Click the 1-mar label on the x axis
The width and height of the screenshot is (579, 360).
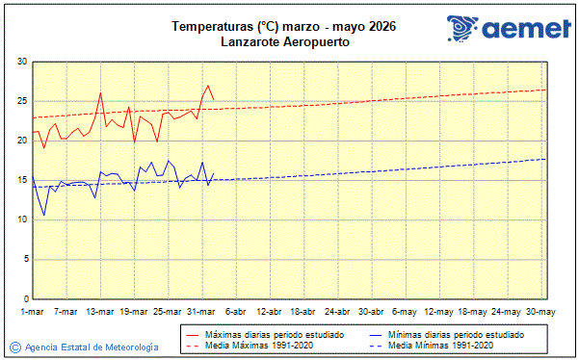point(32,311)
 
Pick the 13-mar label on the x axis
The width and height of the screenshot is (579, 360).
point(100,311)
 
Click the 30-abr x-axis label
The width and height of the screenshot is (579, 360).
point(372,311)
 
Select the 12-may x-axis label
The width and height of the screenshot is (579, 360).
point(439,311)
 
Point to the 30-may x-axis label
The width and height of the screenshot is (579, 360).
point(540,311)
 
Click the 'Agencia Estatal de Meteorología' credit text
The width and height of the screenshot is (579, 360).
point(92,347)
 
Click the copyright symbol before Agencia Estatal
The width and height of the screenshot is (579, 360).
point(14,347)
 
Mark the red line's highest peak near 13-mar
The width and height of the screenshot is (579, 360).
point(100,93)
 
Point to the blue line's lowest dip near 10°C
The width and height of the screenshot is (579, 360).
point(44,215)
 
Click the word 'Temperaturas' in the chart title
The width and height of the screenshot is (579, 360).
point(208,27)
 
